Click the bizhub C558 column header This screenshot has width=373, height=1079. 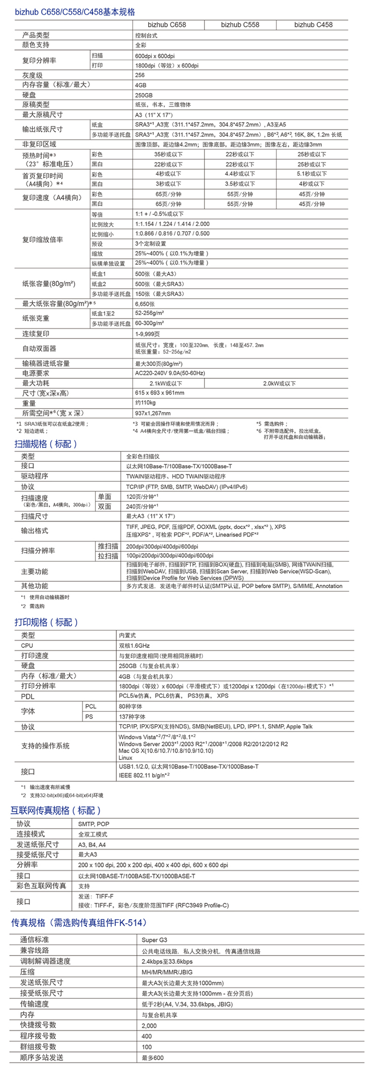tap(240, 24)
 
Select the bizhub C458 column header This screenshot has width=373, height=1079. tap(313, 24)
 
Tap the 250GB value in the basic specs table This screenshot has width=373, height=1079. tap(144, 95)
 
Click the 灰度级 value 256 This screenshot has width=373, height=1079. tap(140, 75)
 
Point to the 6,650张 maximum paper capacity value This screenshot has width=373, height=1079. tap(145, 304)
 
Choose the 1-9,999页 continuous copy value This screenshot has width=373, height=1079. tap(148, 333)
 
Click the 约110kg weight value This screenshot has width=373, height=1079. tap(145, 403)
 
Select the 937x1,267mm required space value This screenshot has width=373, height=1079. tap(153, 413)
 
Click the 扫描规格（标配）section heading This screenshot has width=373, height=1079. tap(46, 443)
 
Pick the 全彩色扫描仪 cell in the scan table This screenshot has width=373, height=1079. tap(143, 456)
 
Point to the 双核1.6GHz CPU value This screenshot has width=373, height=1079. tap(134, 646)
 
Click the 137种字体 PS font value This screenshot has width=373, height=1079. tap(132, 717)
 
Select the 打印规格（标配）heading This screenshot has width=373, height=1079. tap(46, 622)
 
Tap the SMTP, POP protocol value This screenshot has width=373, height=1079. tap(93, 824)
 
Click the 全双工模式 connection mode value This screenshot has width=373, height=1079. tap(93, 834)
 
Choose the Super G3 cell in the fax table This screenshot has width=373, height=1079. tap(154, 940)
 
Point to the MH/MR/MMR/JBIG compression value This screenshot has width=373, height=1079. tap(167, 972)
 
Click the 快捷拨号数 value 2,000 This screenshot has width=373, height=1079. tap(149, 1025)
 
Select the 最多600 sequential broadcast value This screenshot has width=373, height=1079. tap(152, 1058)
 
